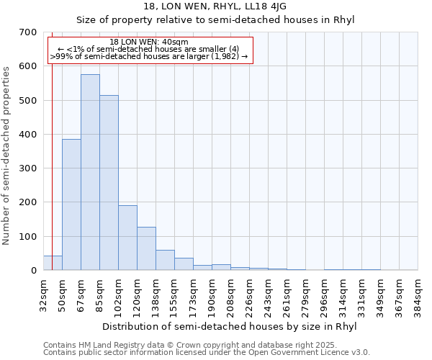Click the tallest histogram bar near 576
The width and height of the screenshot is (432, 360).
click(90, 173)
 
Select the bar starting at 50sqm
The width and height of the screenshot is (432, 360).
click(71, 205)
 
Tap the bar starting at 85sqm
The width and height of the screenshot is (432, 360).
click(109, 183)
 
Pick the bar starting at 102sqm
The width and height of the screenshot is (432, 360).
click(127, 238)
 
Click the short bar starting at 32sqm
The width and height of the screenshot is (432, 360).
click(53, 263)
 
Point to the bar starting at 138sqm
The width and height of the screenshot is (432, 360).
click(165, 260)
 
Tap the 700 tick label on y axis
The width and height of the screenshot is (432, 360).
click(28, 32)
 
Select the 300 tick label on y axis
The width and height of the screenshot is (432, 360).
click(28, 168)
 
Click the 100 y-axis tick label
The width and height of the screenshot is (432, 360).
click(28, 236)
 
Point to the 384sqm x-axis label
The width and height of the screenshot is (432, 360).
click(418, 295)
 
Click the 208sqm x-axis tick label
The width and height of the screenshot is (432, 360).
click(230, 295)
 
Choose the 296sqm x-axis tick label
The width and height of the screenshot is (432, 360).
click(325, 295)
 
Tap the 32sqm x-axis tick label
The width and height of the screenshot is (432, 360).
click(43, 295)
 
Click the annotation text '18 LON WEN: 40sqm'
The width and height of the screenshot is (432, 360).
click(149, 42)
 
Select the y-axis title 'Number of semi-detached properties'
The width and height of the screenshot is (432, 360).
click(7, 156)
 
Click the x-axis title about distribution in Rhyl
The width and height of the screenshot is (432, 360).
click(229, 326)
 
